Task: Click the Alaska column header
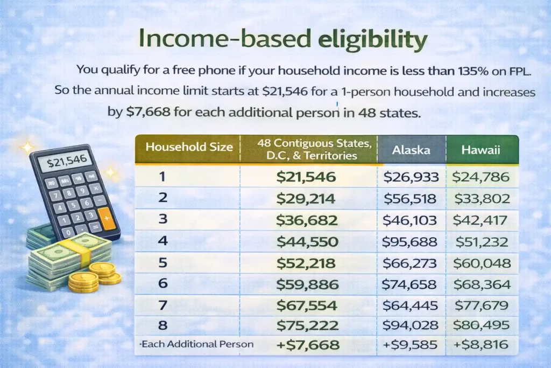(x=411, y=150)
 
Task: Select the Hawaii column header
(x=481, y=150)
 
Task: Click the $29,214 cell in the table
(x=306, y=199)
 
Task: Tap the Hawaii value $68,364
(x=481, y=285)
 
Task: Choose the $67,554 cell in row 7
(x=306, y=306)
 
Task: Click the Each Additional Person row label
(x=197, y=344)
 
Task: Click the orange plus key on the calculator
(x=107, y=219)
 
